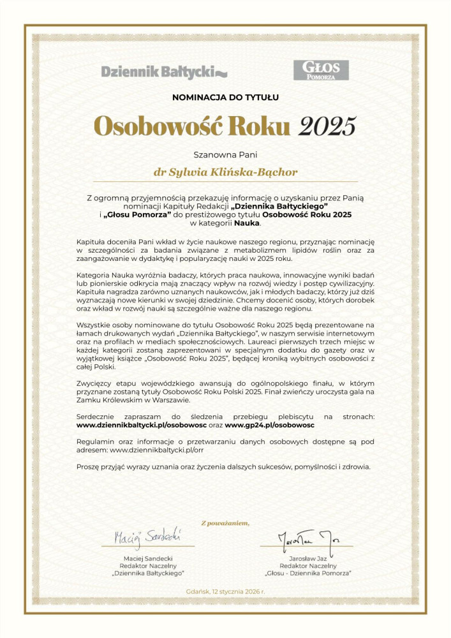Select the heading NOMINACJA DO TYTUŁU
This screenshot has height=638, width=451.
[225, 98]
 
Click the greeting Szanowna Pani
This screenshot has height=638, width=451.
[225, 154]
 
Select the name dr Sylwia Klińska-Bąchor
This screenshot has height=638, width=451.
[225, 172]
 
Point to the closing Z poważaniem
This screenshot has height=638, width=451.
[225, 523]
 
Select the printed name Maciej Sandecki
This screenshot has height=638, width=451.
[148, 558]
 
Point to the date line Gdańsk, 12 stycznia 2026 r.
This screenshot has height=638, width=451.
[225, 591]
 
